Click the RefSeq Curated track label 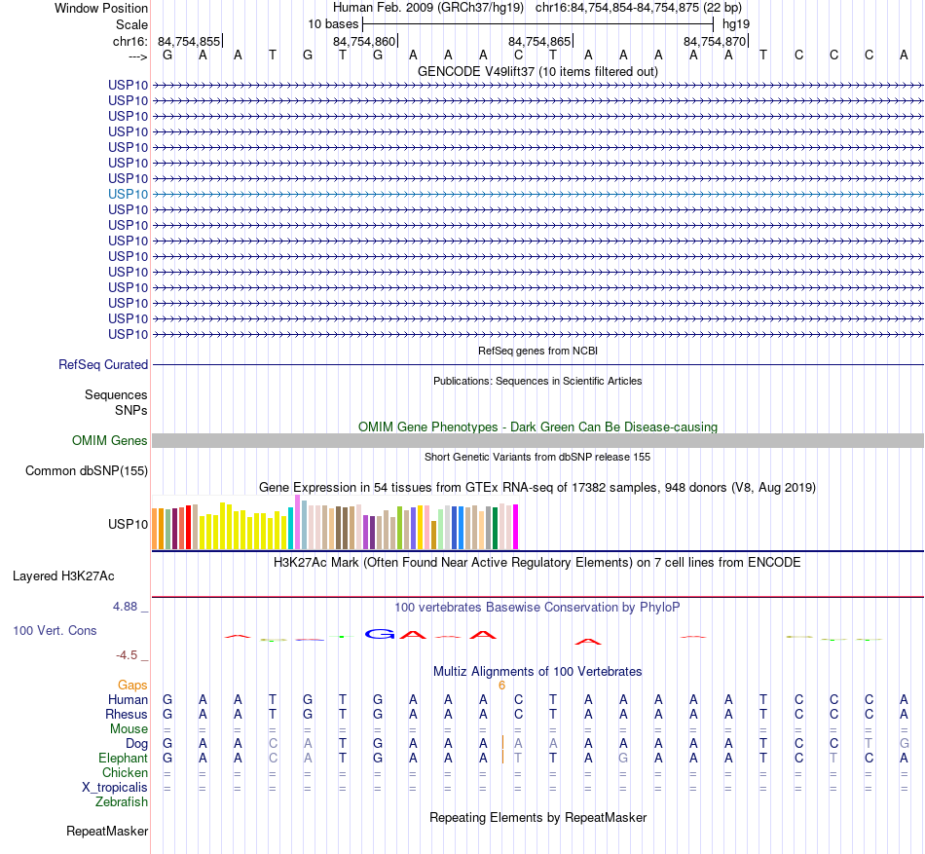(103, 364)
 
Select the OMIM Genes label (110, 440)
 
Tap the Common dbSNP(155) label (86, 471)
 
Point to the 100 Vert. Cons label (55, 630)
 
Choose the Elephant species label (124, 758)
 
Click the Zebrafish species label (122, 801)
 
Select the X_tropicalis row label (115, 787)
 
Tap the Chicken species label (126, 772)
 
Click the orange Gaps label (132, 685)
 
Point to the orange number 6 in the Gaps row (501, 685)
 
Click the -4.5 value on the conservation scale (130, 655)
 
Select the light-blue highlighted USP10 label (129, 194)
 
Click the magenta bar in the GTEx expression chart (515, 527)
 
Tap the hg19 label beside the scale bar (735, 23)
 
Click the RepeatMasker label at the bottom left (107, 831)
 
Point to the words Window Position (101, 8)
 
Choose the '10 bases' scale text (333, 23)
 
